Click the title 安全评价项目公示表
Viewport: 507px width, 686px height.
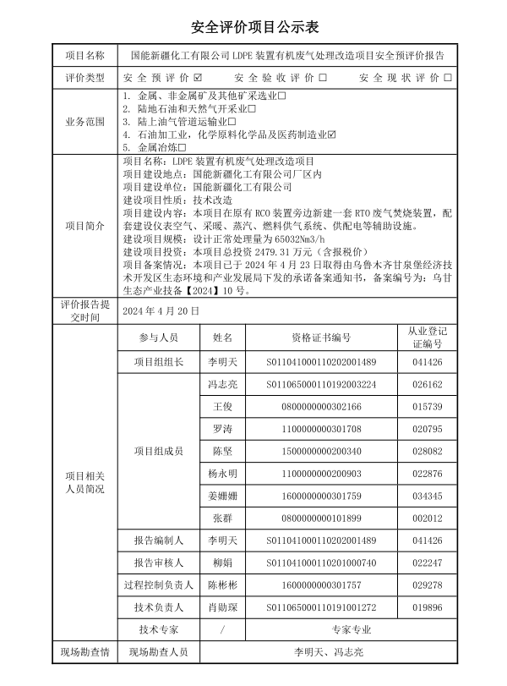[x=253, y=28]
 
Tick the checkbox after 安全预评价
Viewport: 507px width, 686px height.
[x=198, y=78]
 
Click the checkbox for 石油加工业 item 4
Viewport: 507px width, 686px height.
[x=332, y=134]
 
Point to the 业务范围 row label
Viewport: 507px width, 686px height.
[x=85, y=122]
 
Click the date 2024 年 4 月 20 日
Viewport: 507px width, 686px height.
[x=161, y=311]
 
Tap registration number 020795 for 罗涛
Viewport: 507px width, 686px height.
[x=428, y=429]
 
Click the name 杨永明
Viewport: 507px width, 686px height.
[x=222, y=473]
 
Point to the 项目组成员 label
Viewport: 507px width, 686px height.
[x=159, y=451]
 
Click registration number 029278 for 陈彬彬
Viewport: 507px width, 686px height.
[x=428, y=584]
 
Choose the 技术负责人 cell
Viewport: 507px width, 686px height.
[x=159, y=606]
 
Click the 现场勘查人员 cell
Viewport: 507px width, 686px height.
[x=159, y=652]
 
